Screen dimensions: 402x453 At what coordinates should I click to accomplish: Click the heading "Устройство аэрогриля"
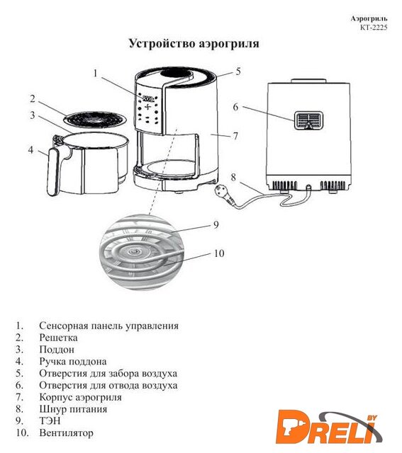tap(194, 44)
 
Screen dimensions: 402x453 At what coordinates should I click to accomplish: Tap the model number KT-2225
tap(374, 28)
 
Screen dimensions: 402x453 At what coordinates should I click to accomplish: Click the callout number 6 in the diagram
tap(236, 107)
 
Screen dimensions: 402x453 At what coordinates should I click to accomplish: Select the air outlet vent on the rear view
tap(309, 120)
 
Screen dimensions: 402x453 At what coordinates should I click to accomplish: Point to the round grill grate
tap(95, 119)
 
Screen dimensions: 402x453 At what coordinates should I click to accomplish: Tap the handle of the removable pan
tap(54, 172)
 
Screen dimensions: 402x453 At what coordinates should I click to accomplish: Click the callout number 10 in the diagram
tap(219, 253)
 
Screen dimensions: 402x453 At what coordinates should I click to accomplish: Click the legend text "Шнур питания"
tap(73, 409)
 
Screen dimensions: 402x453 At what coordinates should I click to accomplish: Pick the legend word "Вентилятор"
tap(66, 432)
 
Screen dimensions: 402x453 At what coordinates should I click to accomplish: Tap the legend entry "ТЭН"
tap(50, 421)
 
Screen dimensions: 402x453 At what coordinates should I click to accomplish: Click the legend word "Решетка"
tap(58, 338)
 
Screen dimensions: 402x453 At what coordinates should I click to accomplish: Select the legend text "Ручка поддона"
tap(73, 362)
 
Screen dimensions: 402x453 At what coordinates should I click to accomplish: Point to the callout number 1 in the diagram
tap(95, 74)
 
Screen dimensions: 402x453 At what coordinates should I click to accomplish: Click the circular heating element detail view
tap(142, 252)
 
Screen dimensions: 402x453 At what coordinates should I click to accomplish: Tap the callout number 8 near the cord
tap(233, 178)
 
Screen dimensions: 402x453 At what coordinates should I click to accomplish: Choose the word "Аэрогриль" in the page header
tap(369, 19)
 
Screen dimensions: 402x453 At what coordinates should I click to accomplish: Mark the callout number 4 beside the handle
tap(30, 150)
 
